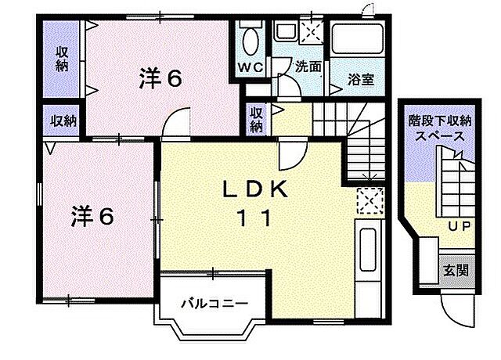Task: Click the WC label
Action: click(250, 67)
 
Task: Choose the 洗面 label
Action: click(308, 67)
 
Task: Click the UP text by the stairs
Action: click(459, 226)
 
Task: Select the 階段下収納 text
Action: click(440, 121)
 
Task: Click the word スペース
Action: click(440, 135)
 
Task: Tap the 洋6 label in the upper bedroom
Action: click(161, 77)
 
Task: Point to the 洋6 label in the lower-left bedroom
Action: click(94, 215)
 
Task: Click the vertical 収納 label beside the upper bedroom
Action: click(61, 59)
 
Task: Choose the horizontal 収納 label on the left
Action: click(63, 121)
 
